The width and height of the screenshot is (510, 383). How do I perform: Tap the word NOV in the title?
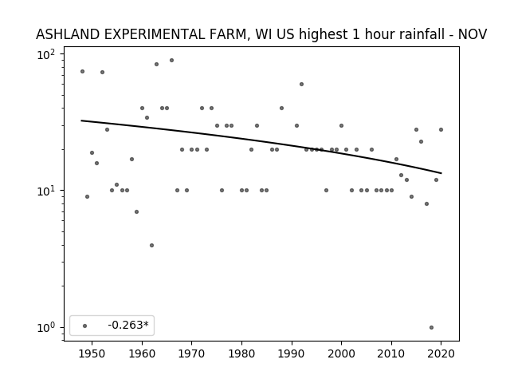click(473, 34)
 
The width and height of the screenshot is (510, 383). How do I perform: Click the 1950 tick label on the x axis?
click(92, 353)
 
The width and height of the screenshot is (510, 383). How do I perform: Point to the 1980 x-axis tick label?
click(241, 353)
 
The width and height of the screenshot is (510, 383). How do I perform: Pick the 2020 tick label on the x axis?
click(441, 353)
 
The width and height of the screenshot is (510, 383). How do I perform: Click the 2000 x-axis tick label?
click(341, 353)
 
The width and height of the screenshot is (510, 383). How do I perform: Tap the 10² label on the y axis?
click(46, 54)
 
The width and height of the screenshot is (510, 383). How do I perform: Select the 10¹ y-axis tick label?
click(46, 191)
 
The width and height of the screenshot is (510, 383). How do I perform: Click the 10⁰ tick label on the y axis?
click(46, 328)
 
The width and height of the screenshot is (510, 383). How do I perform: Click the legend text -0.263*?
click(128, 325)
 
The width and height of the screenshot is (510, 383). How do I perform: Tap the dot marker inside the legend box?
click(85, 326)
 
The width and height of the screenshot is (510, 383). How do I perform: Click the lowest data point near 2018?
click(431, 328)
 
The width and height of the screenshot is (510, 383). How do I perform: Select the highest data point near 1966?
click(172, 61)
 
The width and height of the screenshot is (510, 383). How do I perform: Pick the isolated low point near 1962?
click(152, 245)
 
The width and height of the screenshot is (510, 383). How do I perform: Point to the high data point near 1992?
click(301, 85)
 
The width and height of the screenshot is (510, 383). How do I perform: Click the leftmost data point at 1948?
click(82, 71)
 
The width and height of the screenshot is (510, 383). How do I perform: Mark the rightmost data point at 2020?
click(441, 129)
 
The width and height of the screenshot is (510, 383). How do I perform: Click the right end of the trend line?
click(441, 173)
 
